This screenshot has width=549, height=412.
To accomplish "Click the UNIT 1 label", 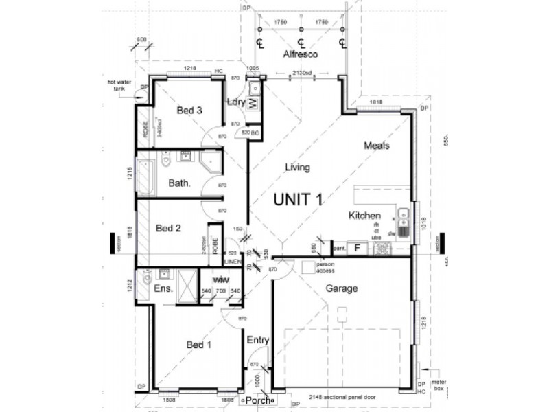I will click(299, 199).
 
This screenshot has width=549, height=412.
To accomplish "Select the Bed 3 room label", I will click(189, 110).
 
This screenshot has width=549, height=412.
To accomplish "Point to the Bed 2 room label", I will click(168, 228).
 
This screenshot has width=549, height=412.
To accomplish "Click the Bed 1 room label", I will click(199, 345).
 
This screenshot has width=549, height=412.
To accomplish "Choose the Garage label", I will click(341, 288).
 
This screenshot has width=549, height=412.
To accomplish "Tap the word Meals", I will click(377, 146).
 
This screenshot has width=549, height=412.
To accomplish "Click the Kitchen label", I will click(365, 216).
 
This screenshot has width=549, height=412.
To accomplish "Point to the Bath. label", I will click(179, 183).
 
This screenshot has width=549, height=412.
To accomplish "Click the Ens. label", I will click(163, 289).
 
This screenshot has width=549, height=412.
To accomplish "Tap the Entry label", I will click(258, 340).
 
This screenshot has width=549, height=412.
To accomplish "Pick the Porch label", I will click(259, 400).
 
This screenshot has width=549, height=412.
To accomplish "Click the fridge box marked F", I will click(357, 247).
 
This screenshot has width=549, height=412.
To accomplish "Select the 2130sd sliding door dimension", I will click(298, 73).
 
